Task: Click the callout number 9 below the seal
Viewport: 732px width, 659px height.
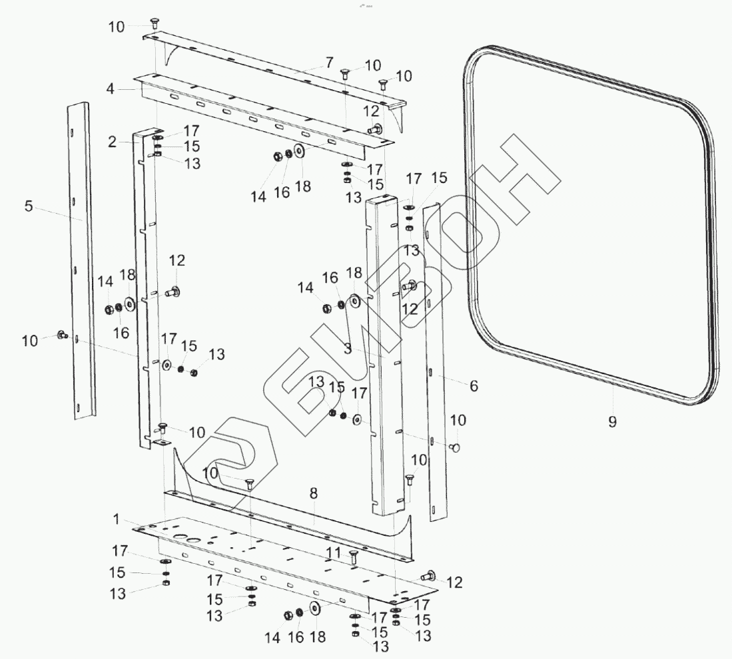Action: point(612,421)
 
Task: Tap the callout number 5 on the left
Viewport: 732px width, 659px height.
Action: point(29,206)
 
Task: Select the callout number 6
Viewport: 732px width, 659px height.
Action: point(474,385)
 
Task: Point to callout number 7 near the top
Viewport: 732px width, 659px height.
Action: point(329,63)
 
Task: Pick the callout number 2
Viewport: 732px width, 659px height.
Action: point(113,141)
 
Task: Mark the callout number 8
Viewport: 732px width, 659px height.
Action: point(314,494)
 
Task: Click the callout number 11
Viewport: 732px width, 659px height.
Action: point(333,552)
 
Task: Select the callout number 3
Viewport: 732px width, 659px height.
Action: point(347,347)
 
